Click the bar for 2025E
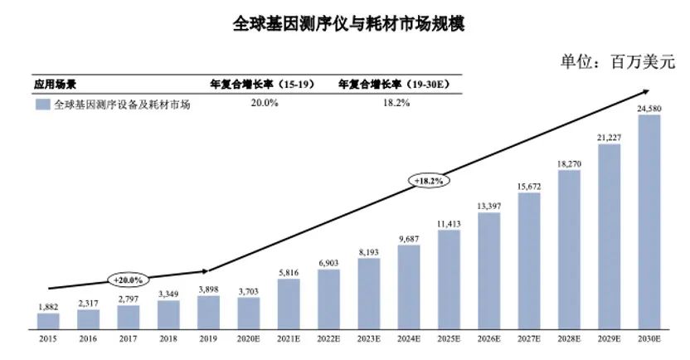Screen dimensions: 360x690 (449, 281)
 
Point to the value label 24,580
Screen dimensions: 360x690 (649, 108)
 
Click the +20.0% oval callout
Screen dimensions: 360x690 (129, 280)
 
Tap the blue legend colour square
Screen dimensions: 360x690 (41, 105)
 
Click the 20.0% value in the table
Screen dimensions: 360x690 (263, 104)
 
